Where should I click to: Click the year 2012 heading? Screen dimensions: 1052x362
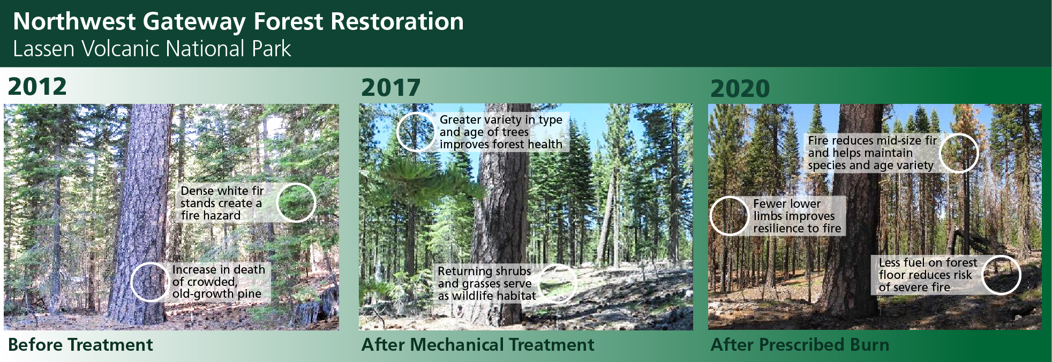point(37,87)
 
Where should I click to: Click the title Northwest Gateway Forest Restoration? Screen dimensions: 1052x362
point(238,21)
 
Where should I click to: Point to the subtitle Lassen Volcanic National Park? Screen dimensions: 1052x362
point(152,49)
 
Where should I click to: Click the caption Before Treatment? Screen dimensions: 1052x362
point(80,345)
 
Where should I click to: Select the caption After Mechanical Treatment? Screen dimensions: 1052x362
point(478,345)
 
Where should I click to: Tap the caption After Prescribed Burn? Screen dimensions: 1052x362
point(800,345)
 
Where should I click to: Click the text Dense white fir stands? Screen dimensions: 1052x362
point(222,197)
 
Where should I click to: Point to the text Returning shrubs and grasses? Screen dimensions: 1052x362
point(485,277)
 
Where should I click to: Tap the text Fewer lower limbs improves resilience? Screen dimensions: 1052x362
point(797,216)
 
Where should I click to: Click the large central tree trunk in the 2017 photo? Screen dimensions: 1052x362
point(501,225)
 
